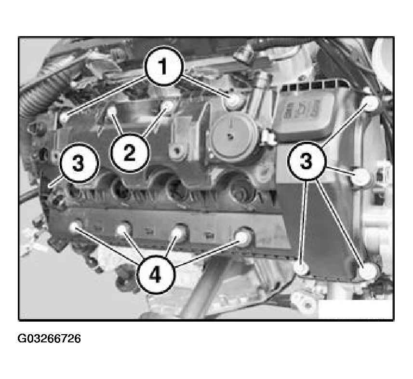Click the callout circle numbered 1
tap(163, 66)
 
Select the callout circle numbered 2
tap(130, 153)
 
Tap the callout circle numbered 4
tap(156, 275)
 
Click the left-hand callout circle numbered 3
tap(79, 163)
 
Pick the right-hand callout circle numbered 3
tap(307, 161)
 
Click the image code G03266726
tap(49, 338)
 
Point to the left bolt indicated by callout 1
tap(64, 118)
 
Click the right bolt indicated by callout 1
tap(233, 100)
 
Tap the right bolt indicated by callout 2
tap(168, 106)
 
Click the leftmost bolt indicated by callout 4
tap(76, 227)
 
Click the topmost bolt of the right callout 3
tap(372, 102)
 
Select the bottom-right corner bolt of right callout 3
tap(369, 271)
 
